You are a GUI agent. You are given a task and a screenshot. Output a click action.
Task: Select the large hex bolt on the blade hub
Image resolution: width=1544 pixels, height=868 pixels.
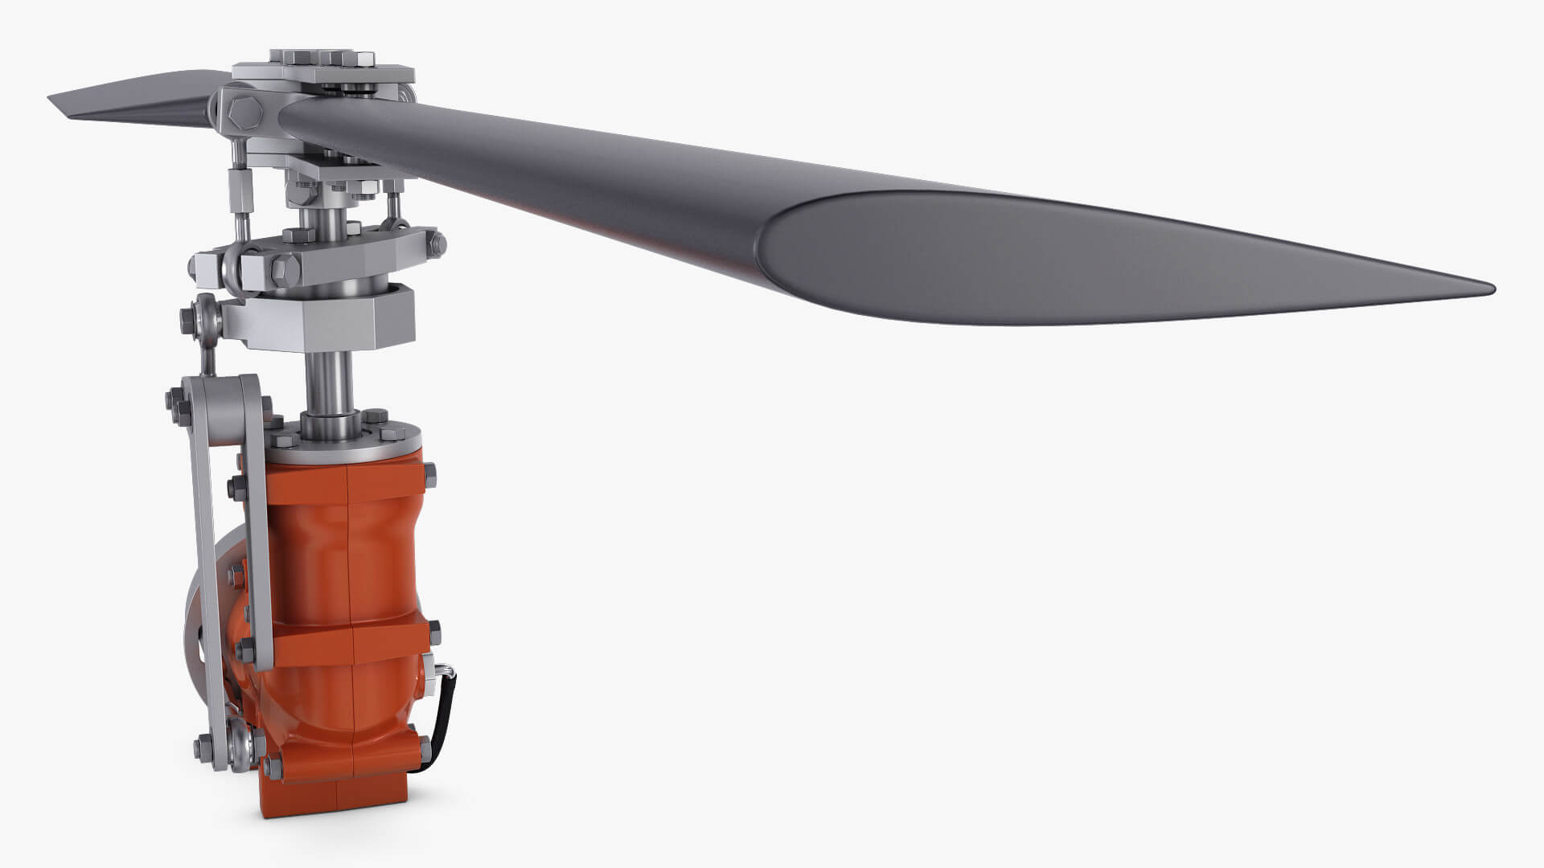tap(242, 113)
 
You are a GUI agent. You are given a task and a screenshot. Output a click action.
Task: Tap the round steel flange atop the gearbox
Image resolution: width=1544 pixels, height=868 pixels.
tap(354, 438)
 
